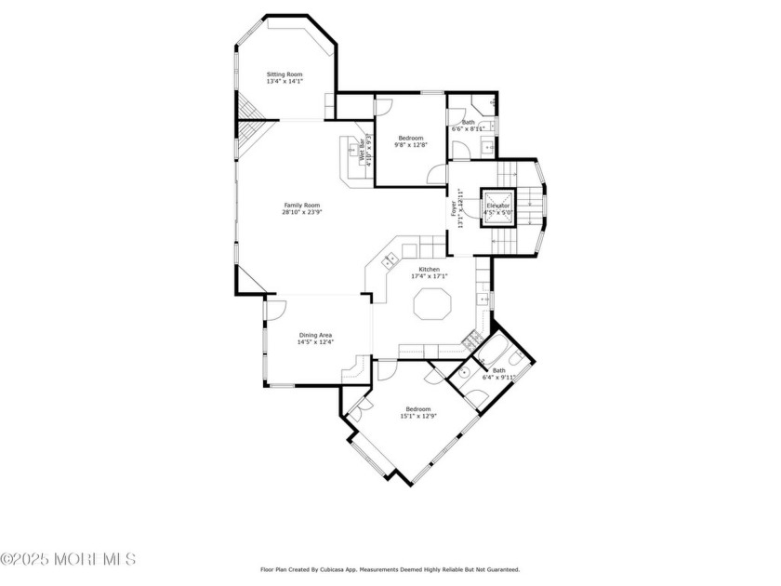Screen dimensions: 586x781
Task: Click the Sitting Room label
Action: (x=285, y=77)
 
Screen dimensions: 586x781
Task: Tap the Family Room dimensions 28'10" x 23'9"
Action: (x=302, y=212)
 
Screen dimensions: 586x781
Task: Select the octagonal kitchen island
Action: (x=430, y=304)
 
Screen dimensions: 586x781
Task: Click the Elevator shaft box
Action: (x=496, y=207)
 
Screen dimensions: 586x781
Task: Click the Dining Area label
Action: (x=315, y=339)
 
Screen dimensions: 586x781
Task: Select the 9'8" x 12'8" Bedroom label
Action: (x=410, y=141)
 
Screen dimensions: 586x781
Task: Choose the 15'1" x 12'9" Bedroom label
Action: (x=417, y=413)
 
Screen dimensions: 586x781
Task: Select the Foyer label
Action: (x=455, y=209)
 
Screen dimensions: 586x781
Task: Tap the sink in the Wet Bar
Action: (x=352, y=148)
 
